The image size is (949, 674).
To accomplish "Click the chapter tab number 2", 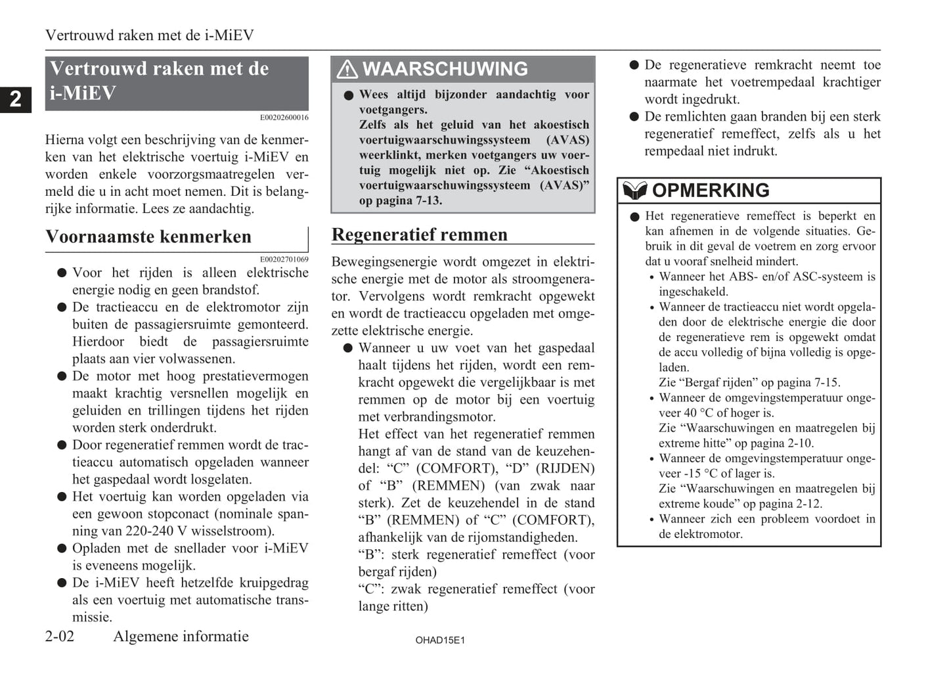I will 15,99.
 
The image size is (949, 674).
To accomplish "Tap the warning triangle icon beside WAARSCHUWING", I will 347,69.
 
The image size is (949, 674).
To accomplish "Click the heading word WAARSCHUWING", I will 445,69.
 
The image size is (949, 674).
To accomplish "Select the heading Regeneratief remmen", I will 419,235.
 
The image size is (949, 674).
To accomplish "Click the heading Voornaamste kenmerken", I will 148,236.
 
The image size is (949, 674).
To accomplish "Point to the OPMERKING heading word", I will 711,191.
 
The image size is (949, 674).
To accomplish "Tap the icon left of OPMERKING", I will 634,191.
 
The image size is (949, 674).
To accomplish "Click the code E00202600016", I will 284,118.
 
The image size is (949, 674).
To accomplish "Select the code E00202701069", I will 284,259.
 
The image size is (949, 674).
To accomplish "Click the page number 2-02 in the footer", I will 60,636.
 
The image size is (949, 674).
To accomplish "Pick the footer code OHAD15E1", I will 440,640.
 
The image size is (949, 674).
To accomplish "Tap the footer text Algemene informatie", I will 181,636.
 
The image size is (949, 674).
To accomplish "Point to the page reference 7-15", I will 824,382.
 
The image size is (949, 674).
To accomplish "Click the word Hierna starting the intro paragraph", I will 64,139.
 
